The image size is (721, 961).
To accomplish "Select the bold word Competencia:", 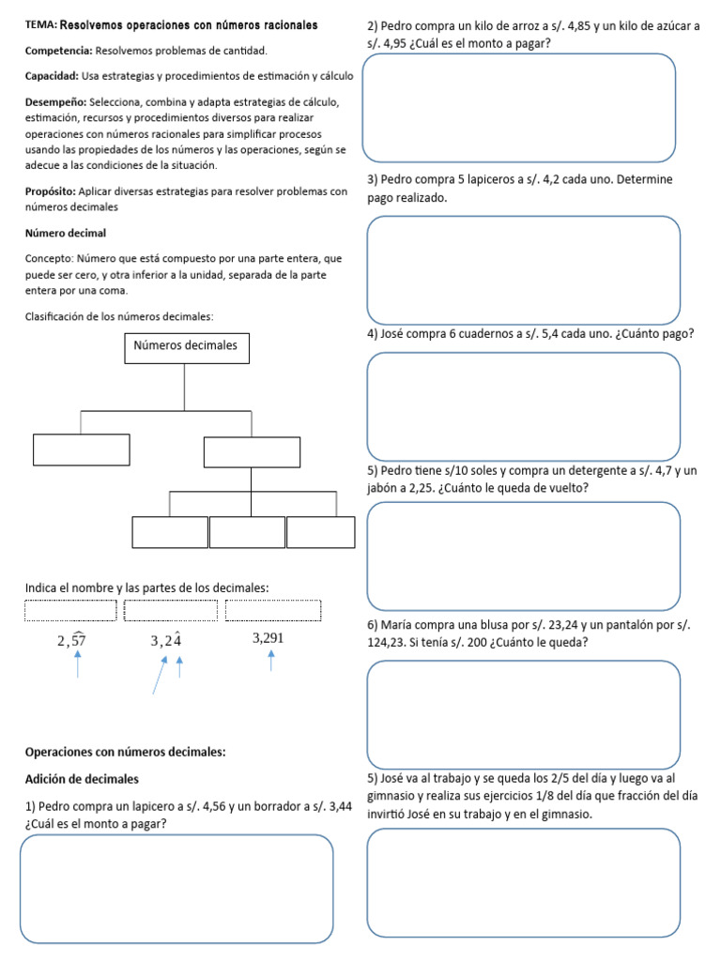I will (x=59, y=50).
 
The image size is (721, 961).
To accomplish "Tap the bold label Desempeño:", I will (x=55, y=101).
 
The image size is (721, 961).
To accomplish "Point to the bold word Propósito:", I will (x=54, y=191).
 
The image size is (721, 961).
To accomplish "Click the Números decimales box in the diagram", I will (x=186, y=346).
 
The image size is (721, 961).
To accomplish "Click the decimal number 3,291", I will (x=268, y=638).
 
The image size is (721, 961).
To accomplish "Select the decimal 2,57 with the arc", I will (x=71, y=640).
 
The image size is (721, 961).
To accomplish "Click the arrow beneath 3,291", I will (x=271, y=662).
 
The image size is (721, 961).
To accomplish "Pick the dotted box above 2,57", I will (x=70, y=610).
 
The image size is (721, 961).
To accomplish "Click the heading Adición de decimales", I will (x=82, y=779).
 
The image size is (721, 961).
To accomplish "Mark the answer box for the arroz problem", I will (x=519, y=107).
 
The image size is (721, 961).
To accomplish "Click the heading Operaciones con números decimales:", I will (x=125, y=752).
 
